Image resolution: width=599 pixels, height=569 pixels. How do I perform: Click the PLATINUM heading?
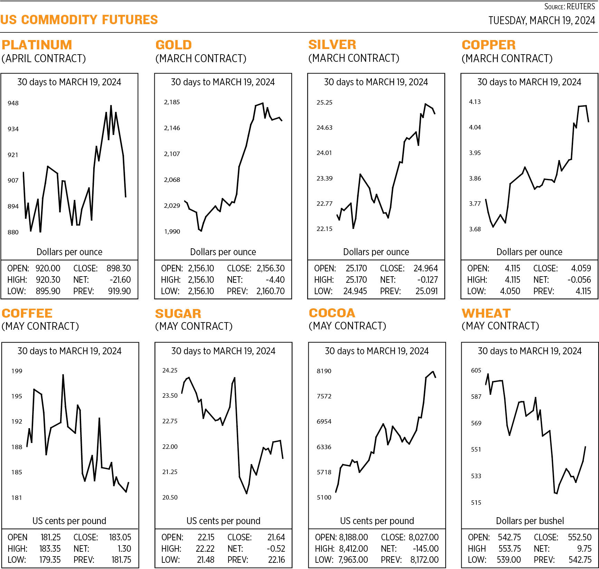tap(37, 45)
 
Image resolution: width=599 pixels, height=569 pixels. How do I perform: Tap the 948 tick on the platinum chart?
tap(13, 103)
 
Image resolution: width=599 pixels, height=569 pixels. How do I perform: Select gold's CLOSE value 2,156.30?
tap(271, 268)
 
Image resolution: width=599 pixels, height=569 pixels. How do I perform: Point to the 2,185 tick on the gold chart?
tap(172, 102)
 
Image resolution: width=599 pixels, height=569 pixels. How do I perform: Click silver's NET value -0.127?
tap(427, 280)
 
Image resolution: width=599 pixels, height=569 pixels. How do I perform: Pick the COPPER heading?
tap(489, 45)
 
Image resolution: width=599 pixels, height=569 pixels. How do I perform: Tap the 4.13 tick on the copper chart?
tap(475, 102)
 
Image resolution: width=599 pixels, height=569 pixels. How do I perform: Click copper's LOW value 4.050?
tap(510, 291)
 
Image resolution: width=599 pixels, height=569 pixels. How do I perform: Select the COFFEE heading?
tap(27, 313)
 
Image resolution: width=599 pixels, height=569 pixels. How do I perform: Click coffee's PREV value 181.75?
tap(121, 560)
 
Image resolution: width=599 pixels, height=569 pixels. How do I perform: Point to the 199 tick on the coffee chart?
tap(17, 371)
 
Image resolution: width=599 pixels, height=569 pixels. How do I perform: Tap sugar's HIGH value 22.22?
tap(205, 549)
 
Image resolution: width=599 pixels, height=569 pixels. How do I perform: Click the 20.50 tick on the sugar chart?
tap(170, 497)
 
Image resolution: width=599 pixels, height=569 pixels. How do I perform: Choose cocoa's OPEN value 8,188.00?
tap(354, 537)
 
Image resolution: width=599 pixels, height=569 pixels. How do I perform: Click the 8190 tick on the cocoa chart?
tap(324, 371)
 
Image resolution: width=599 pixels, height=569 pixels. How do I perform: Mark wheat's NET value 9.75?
tap(584, 549)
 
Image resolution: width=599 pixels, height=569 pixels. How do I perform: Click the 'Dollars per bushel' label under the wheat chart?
tap(530, 521)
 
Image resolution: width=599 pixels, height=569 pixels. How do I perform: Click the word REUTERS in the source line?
tap(581, 7)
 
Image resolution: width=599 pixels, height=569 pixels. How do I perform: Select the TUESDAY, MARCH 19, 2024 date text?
tap(541, 20)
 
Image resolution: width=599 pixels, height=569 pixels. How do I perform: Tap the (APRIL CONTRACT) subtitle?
tap(44, 58)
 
